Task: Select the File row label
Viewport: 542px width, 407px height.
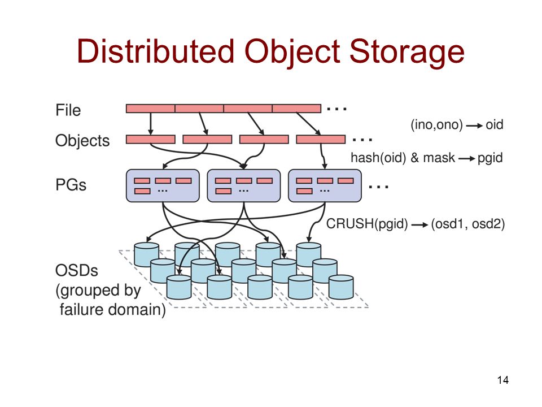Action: tap(68, 110)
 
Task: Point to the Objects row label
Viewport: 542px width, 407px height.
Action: tap(82, 141)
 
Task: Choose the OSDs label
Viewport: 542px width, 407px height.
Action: tap(76, 271)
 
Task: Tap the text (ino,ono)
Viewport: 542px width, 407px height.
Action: tap(435, 125)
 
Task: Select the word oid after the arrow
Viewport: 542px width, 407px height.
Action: tap(494, 125)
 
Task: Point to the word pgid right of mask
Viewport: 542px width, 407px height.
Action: tap(489, 158)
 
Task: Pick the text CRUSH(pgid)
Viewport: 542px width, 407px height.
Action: tap(367, 224)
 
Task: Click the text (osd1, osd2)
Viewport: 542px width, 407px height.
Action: tap(468, 224)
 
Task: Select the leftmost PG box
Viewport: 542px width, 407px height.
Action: tap(163, 185)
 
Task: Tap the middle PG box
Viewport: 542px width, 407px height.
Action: tap(244, 185)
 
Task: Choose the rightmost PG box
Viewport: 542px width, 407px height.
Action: tap(325, 185)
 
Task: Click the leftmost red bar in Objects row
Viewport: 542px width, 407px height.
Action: tap(150, 139)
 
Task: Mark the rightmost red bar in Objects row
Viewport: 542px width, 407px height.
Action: tap(321, 139)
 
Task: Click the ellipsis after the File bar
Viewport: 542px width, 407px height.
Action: tap(336, 108)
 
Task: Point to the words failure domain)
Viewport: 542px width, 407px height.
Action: tap(113, 311)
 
